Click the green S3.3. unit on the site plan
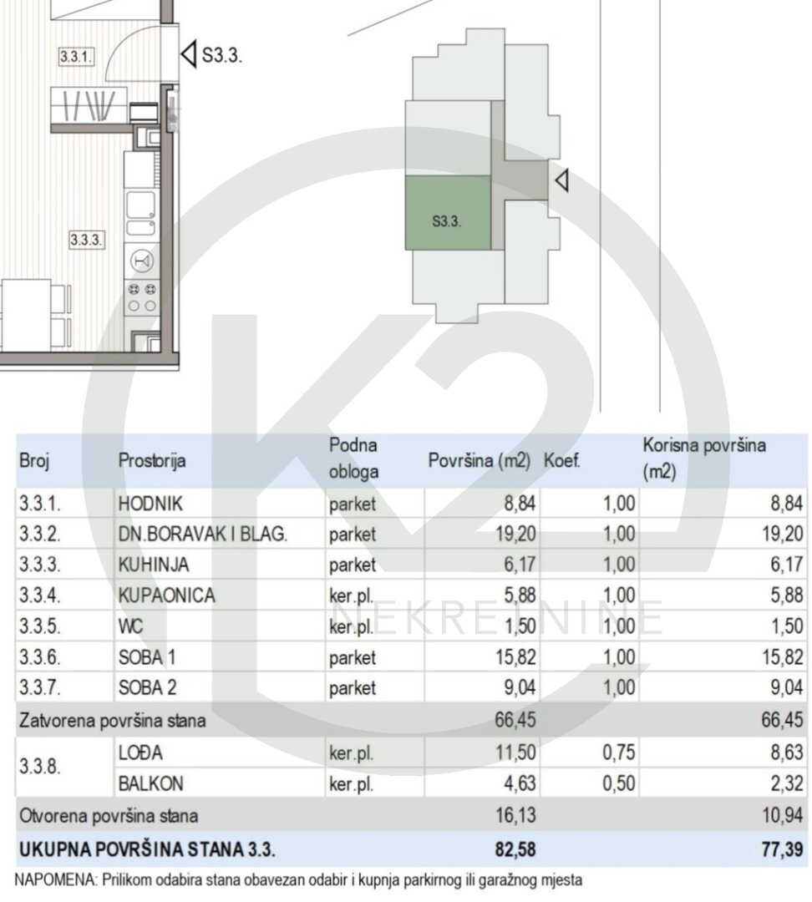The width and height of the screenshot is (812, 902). [449, 213]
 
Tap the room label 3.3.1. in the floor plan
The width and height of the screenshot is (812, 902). [76, 57]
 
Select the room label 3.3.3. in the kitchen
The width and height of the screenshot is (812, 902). [86, 240]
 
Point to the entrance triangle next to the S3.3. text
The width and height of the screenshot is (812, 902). [188, 54]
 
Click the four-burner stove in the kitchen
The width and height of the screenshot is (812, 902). [142, 297]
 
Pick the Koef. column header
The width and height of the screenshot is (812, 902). [561, 461]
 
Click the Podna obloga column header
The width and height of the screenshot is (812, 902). [353, 459]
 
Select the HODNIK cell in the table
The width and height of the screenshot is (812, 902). [150, 504]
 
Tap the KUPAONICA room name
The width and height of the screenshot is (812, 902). [166, 595]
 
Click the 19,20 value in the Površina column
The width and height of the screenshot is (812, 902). [515, 535]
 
